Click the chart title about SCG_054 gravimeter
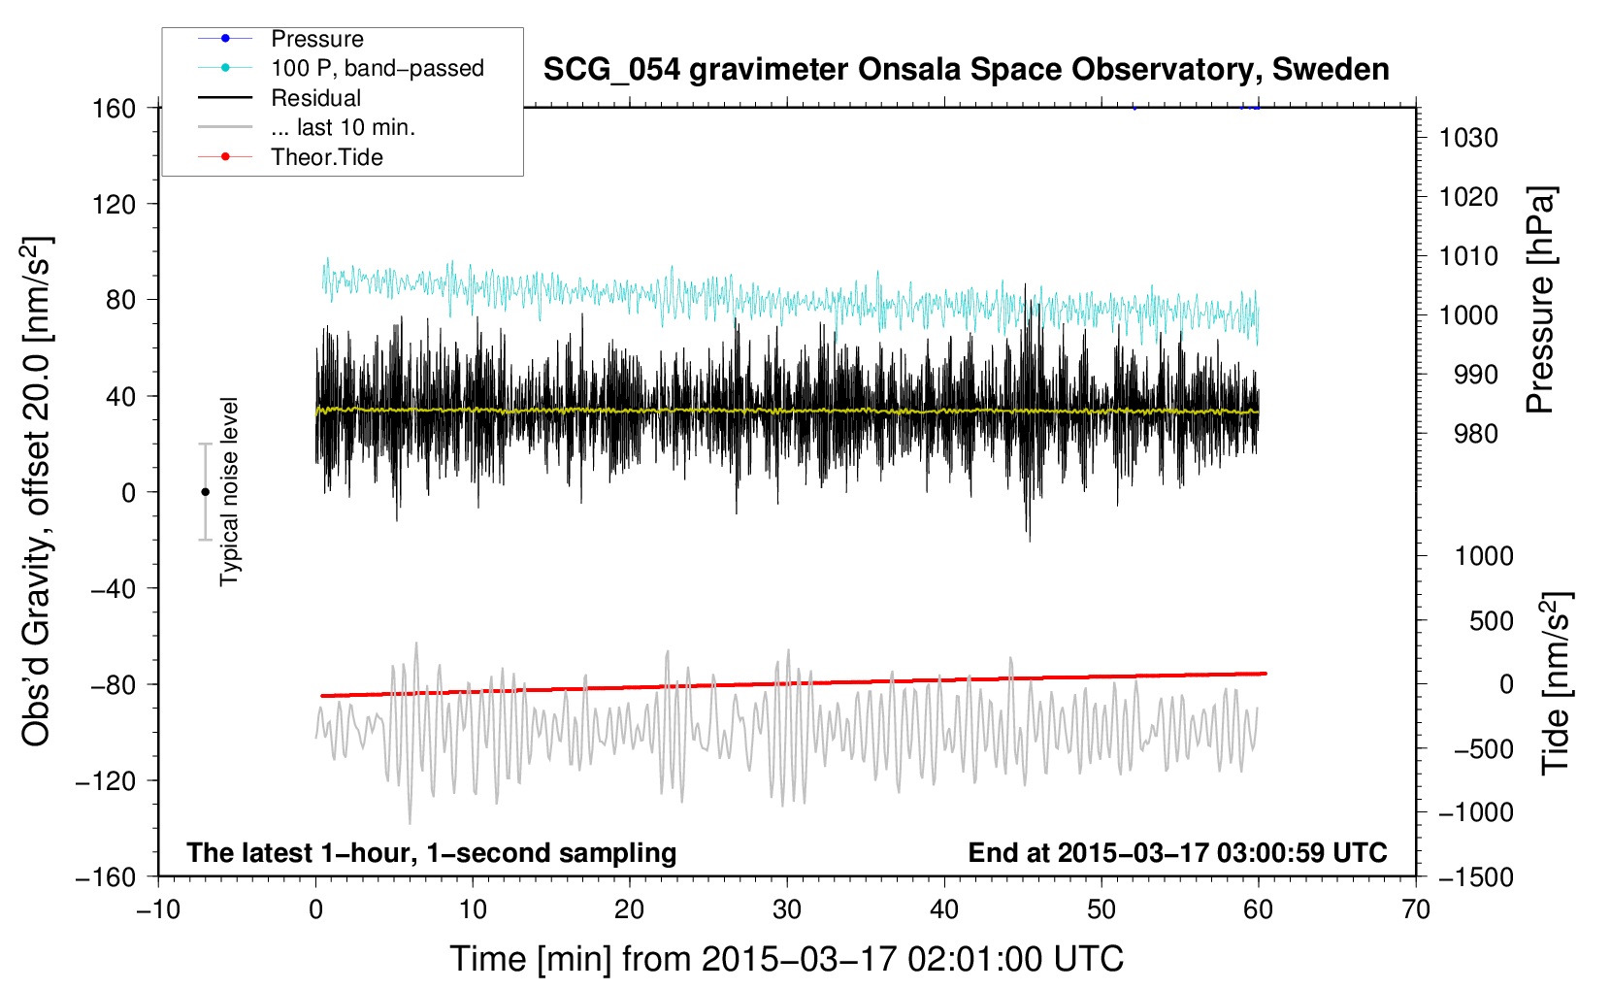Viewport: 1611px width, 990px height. [966, 70]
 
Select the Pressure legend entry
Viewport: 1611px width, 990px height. [280, 38]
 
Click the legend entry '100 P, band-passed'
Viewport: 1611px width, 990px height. [341, 68]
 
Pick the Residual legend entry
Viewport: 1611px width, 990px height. [279, 98]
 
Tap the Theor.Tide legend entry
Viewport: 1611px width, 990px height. [290, 157]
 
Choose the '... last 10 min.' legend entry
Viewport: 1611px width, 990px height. [307, 127]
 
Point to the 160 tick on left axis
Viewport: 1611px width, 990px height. [115, 109]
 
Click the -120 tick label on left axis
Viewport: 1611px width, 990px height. [106, 780]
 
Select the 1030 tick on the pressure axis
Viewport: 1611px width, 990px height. [1468, 138]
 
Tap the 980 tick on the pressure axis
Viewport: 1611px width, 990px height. [1476, 434]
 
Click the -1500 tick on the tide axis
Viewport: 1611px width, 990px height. [1476, 877]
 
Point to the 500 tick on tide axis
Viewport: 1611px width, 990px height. [1492, 621]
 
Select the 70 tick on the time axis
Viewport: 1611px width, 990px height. [1416, 909]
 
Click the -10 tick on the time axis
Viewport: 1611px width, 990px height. [159, 909]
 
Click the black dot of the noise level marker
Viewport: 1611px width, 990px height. [205, 492]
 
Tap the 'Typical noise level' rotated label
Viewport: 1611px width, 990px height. [229, 492]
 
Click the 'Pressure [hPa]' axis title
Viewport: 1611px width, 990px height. [1540, 301]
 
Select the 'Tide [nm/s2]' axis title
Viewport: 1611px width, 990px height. [1556, 683]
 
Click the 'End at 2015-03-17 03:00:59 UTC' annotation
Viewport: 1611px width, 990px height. [1177, 852]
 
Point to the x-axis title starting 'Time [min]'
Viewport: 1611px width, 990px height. [787, 959]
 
